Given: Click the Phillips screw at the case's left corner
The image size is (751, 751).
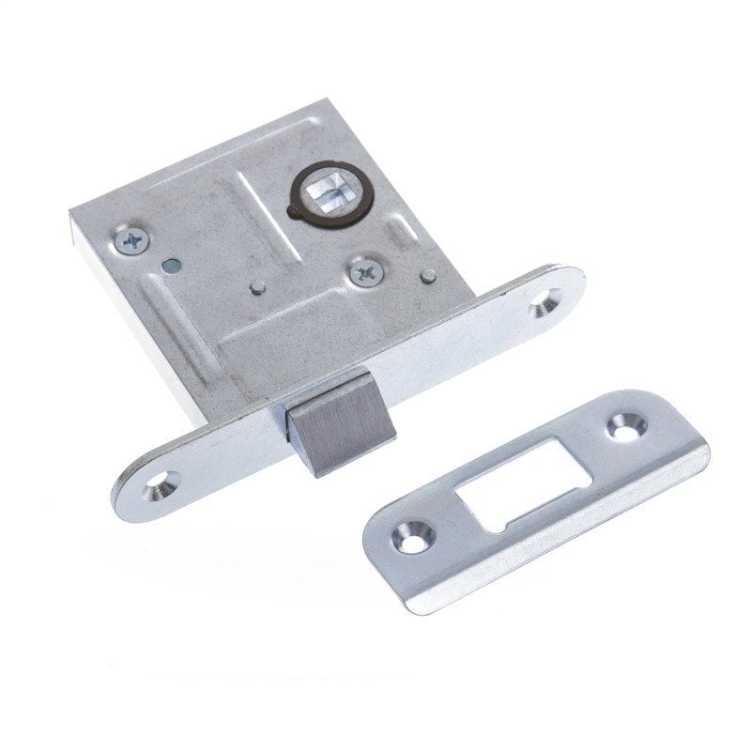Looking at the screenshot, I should point(131,241).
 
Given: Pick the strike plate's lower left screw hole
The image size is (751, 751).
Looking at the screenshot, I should point(413,536).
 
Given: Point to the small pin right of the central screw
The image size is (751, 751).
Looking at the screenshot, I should point(427,276).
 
